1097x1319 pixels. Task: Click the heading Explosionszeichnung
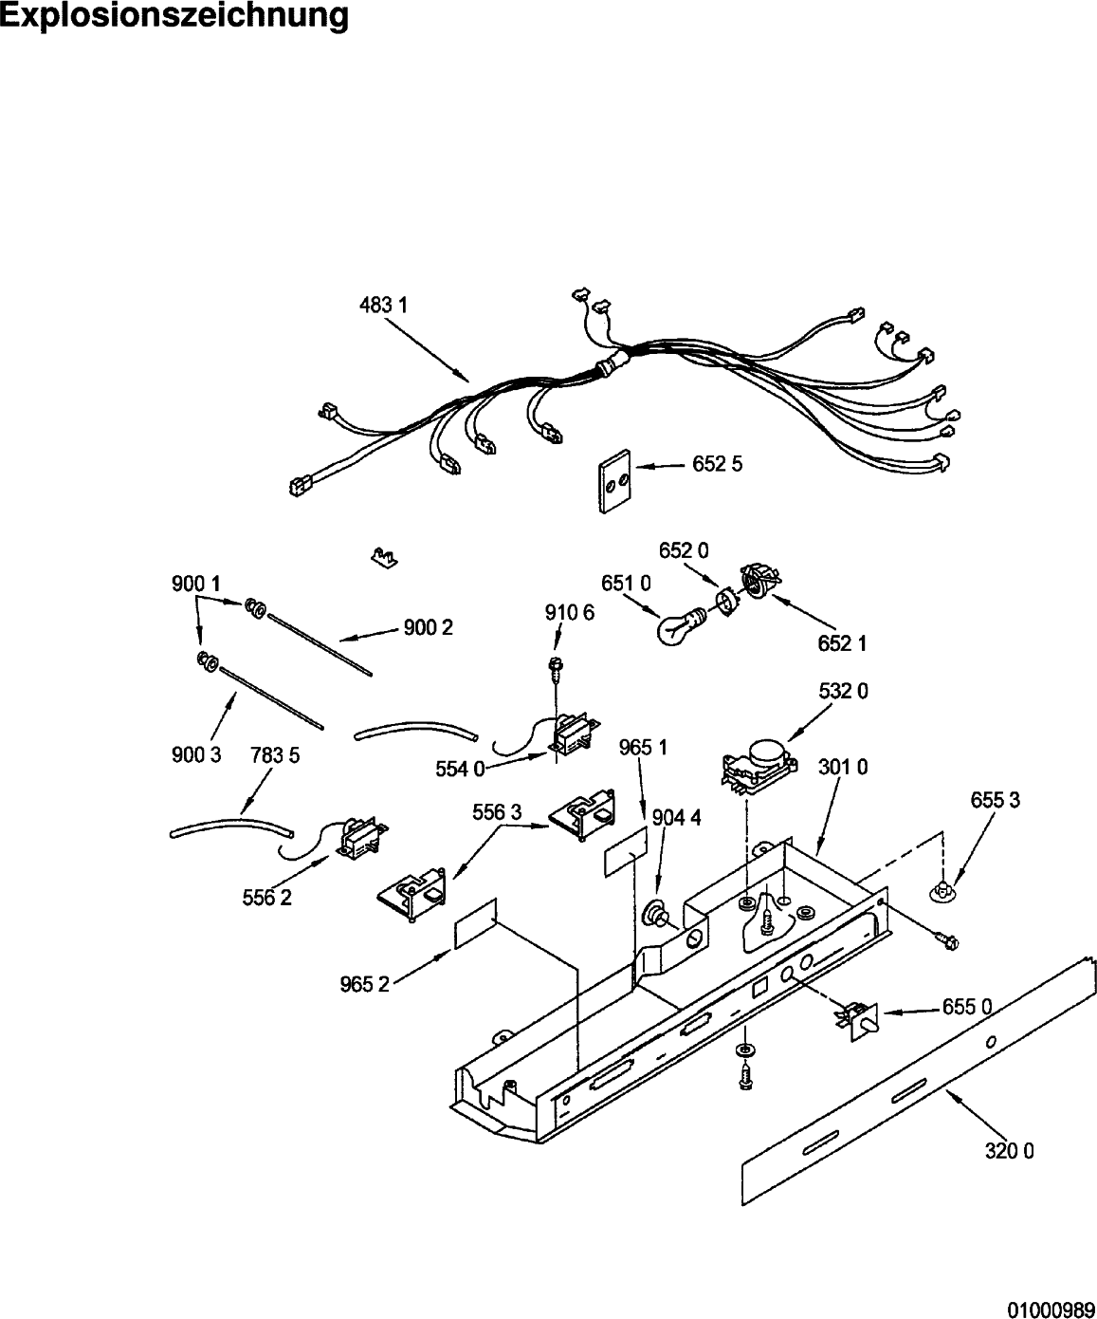pyautogui.click(x=174, y=16)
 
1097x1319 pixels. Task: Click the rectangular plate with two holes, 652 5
pyautogui.click(x=614, y=481)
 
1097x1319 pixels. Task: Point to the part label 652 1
pyautogui.click(x=842, y=643)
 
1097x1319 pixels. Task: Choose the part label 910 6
pyautogui.click(x=570, y=612)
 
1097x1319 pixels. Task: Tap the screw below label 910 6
pyautogui.click(x=556, y=669)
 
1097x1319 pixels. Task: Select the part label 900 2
pyautogui.click(x=429, y=628)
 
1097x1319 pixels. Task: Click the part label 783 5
pyautogui.click(x=275, y=755)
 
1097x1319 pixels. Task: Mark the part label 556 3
pyautogui.click(x=498, y=812)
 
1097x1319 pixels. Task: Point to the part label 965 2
pyautogui.click(x=365, y=985)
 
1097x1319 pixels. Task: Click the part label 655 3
pyautogui.click(x=996, y=800)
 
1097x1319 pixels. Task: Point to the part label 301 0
pyautogui.click(x=843, y=767)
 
